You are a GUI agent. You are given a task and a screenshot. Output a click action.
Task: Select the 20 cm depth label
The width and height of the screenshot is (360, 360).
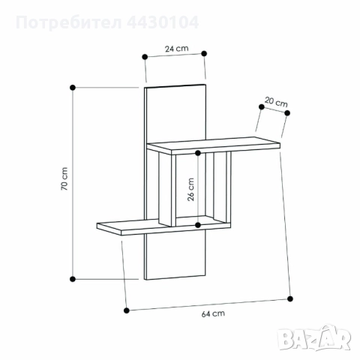[275, 103]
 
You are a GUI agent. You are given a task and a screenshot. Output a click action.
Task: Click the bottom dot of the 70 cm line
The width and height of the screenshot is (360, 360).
[72, 279]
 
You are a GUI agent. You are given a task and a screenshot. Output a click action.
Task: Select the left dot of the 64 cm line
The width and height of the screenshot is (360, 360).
[126, 308]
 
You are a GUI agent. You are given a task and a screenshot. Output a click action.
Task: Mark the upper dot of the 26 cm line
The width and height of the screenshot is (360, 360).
[198, 154]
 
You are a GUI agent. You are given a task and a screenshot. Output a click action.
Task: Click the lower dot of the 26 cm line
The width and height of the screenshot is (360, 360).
[198, 224]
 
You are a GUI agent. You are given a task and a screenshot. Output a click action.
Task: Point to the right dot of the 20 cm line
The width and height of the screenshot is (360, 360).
[288, 113]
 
